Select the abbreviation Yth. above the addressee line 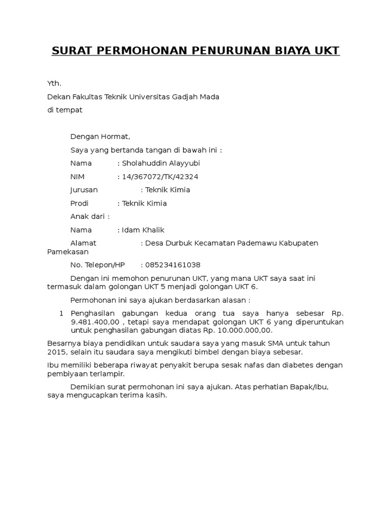[x=53, y=83]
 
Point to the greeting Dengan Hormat [x=100, y=136]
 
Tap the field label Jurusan [x=83, y=190]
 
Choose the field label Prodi [x=79, y=203]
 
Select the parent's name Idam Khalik [x=143, y=230]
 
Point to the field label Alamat [x=83, y=243]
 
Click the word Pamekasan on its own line [x=68, y=252]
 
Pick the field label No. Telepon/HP [x=97, y=265]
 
